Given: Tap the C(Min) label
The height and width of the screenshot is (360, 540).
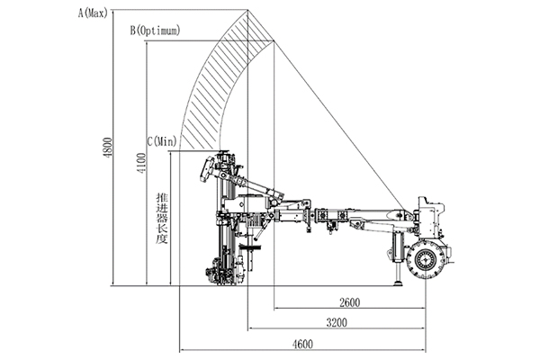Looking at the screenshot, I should tap(161, 140).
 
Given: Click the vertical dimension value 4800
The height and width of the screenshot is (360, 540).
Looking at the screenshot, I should tap(107, 148).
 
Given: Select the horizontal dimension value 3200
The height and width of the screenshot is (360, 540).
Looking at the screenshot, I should tap(338, 321).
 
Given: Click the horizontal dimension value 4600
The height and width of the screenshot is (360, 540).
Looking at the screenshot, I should tap(305, 342).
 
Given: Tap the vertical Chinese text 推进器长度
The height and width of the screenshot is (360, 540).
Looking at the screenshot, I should tap(162, 221).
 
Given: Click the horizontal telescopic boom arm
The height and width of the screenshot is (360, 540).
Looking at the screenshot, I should tap(360, 217).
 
